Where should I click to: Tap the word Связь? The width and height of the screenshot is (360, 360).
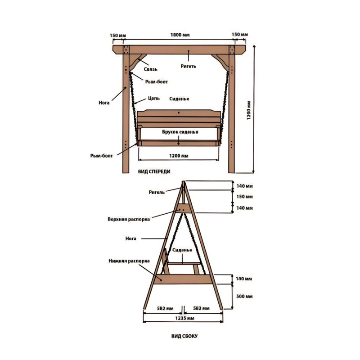click(x=150, y=69)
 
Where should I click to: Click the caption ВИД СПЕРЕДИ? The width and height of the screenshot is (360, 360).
click(x=154, y=172)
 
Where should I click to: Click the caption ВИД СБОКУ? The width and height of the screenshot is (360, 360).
click(x=184, y=336)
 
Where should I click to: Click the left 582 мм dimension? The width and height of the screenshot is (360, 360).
click(x=165, y=309)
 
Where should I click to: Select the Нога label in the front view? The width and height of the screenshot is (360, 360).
click(x=104, y=103)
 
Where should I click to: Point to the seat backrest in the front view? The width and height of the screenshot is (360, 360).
click(x=179, y=118)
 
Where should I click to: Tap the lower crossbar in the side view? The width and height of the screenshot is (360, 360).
click(x=183, y=279)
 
